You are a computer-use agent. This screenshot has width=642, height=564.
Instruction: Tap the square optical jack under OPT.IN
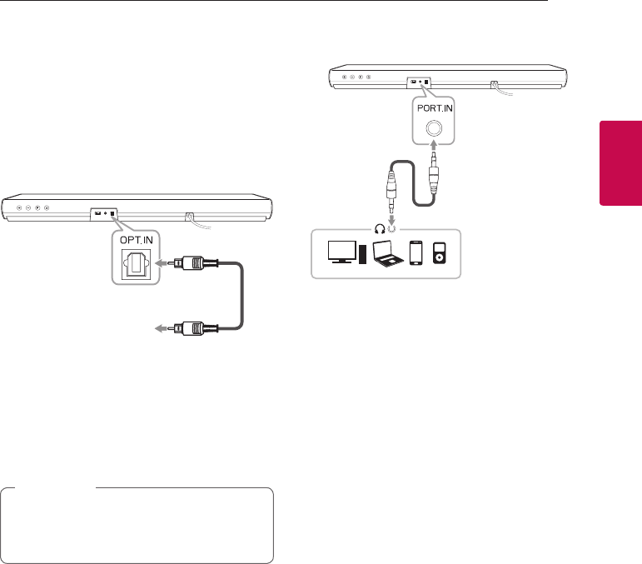135,264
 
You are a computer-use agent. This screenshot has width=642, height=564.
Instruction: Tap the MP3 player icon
440,254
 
